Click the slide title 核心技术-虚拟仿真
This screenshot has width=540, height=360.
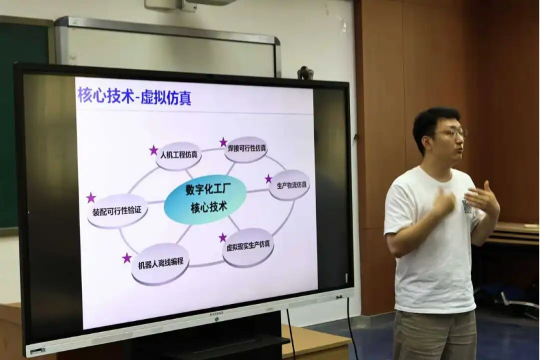pyautogui.click(x=134, y=96)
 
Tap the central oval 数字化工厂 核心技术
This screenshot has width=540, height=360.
pyautogui.click(x=206, y=201)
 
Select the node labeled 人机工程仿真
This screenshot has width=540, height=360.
pyautogui.click(x=178, y=156)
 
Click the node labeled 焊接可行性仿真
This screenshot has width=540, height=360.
pyautogui.click(x=247, y=150)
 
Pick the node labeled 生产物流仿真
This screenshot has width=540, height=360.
pyautogui.click(x=290, y=186)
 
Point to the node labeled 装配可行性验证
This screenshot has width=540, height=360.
pyautogui.click(x=118, y=211)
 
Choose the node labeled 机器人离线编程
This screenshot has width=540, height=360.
pyautogui.click(x=161, y=263)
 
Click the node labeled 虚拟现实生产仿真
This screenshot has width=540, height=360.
pyautogui.click(x=248, y=247)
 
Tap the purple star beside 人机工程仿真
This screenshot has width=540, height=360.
pyautogui.click(x=154, y=150)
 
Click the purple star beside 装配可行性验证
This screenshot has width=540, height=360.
pyautogui.click(x=91, y=198)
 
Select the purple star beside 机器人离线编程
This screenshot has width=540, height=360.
pyautogui.click(x=127, y=258)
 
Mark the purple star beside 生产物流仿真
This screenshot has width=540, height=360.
pyautogui.click(x=269, y=179)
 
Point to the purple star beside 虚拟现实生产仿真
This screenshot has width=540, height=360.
pyautogui.click(x=223, y=237)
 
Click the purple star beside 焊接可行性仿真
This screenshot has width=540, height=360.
pyautogui.click(x=224, y=142)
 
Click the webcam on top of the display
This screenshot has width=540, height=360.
pyautogui.click(x=306, y=72)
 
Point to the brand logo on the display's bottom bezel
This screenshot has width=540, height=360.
pyautogui.click(x=216, y=314)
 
